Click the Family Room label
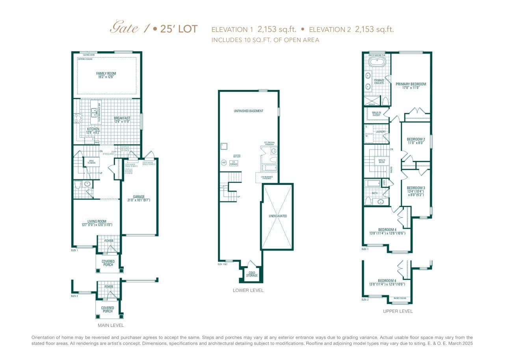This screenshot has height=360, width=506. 106,73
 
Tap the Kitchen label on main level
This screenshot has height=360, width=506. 93,129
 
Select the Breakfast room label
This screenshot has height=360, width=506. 122,118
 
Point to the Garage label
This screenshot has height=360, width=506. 139,197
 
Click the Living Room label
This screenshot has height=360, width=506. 97,221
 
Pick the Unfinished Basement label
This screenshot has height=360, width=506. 248,111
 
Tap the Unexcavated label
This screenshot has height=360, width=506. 277,216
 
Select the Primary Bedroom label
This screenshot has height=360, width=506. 411,84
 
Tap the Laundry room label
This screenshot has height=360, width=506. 380,132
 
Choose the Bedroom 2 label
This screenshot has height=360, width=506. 416,139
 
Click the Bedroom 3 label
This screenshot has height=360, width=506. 416,188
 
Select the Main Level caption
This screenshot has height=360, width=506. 111,325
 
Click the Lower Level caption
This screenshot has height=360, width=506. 248,290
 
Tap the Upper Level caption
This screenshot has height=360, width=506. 398,311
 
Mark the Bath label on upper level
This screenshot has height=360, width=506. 374,193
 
